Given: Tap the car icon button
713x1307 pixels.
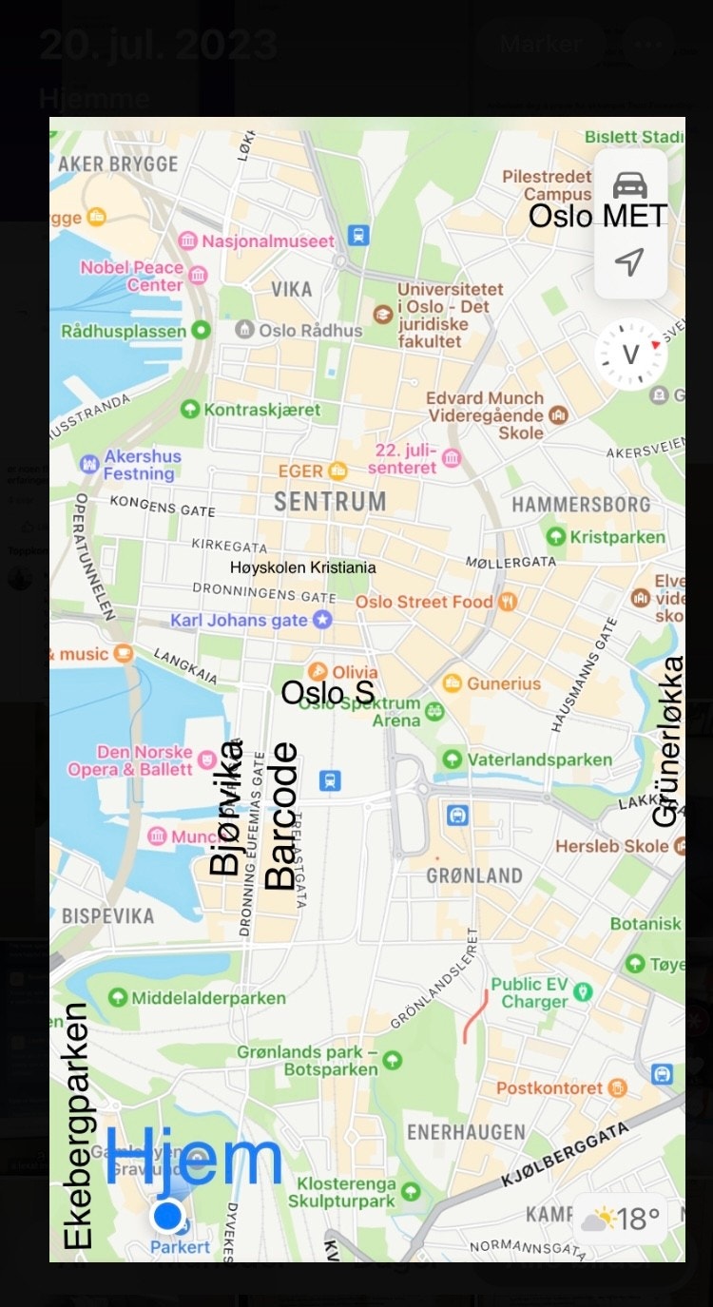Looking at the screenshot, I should (x=629, y=185).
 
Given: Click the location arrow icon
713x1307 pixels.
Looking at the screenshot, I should (x=629, y=261).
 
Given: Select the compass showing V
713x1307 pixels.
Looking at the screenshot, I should (x=630, y=355).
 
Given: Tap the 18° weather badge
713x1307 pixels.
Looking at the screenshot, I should (x=620, y=1219).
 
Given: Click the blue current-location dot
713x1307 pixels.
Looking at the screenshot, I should (x=168, y=1215).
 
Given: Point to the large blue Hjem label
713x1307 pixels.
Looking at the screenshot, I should (x=194, y=1157).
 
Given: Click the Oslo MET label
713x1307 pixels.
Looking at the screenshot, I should (x=597, y=216).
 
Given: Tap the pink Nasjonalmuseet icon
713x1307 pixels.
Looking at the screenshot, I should (x=188, y=241).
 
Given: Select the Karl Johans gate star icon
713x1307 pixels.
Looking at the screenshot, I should (x=323, y=620).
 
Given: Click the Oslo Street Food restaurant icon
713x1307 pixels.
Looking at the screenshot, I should (x=509, y=601).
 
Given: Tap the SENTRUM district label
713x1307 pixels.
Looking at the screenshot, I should (x=330, y=501).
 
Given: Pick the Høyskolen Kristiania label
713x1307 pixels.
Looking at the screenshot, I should (x=302, y=567).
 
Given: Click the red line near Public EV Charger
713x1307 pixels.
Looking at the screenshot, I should (x=475, y=1015).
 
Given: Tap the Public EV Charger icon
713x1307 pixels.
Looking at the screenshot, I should (x=583, y=992).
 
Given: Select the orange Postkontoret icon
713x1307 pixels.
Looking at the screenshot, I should (x=618, y=1087).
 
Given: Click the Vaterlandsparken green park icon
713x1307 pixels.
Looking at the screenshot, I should (x=453, y=759).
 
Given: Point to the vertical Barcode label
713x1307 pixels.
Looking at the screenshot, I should (x=280, y=816).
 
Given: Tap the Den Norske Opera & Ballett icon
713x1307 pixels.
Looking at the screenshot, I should (x=207, y=760).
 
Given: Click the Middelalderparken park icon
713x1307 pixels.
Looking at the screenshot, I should (x=118, y=997).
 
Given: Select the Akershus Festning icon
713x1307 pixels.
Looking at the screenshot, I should (x=90, y=464).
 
